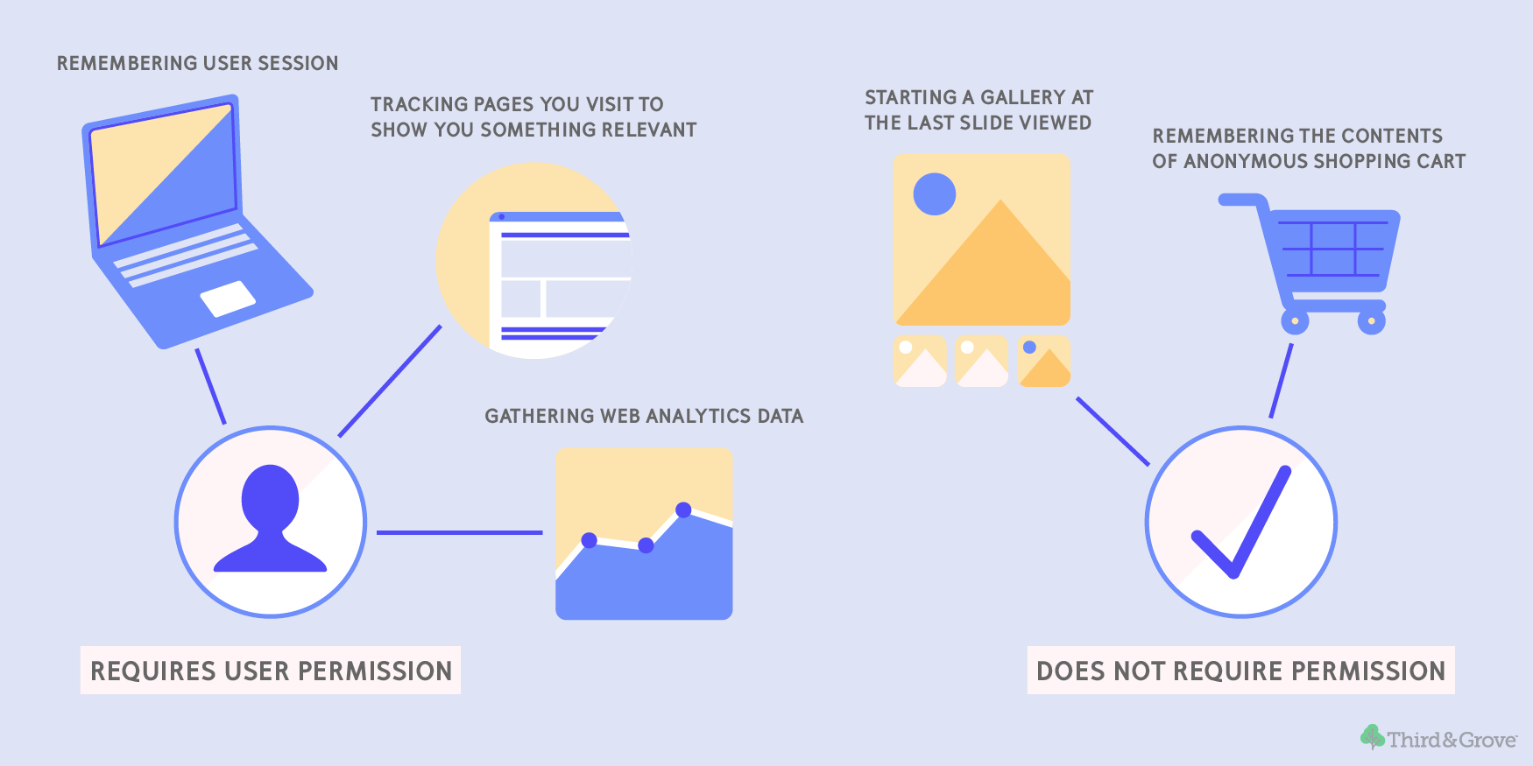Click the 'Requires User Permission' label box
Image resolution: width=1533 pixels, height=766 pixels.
click(271, 671)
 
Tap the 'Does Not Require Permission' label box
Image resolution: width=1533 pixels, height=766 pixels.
click(1240, 671)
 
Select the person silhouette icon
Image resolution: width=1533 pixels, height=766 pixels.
click(271, 518)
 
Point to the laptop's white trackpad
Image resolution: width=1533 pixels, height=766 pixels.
click(228, 299)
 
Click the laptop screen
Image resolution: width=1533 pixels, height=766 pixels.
click(164, 174)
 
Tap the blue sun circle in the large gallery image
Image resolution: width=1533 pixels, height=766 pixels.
click(935, 193)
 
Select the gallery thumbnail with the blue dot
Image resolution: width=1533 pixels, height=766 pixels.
click(1044, 362)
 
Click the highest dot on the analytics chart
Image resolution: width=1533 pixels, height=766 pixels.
click(683, 509)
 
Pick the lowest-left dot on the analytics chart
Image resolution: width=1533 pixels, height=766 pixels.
click(590, 540)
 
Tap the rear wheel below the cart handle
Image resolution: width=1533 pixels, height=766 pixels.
click(1295, 320)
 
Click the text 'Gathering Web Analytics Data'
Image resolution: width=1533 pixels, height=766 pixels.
click(644, 416)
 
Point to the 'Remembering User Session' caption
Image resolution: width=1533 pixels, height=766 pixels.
click(197, 63)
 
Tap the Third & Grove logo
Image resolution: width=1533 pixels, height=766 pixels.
click(1438, 738)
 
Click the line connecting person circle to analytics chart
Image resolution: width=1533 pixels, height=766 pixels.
click(460, 532)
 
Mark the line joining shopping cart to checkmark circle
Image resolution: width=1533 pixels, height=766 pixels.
click(1281, 381)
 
